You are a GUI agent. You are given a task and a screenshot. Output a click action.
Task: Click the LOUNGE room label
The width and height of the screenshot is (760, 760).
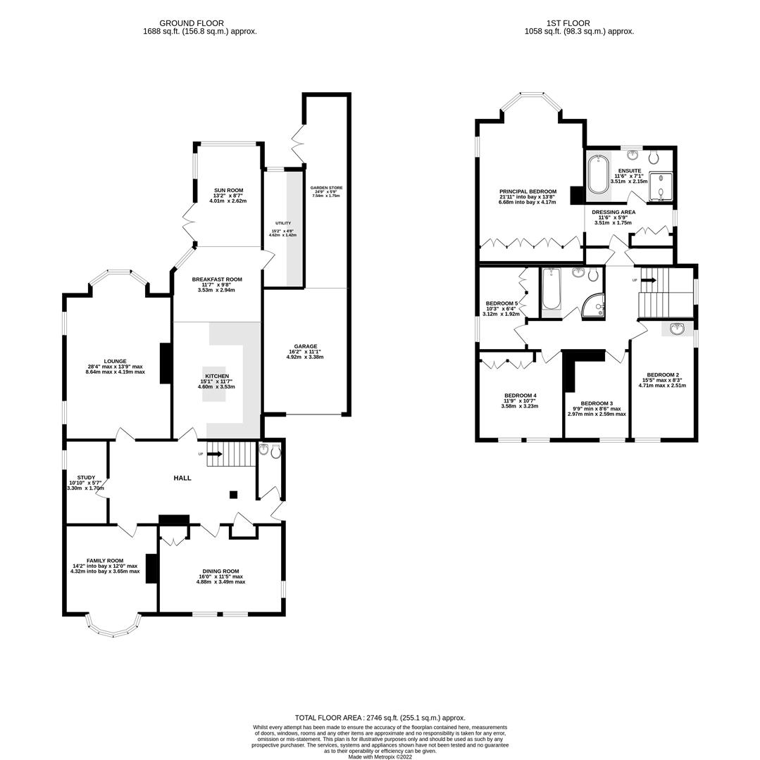pos(115,361)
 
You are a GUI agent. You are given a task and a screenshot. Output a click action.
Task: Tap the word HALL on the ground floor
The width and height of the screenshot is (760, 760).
pos(182,478)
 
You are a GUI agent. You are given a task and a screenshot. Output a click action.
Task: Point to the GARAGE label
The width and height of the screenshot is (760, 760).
pos(306,346)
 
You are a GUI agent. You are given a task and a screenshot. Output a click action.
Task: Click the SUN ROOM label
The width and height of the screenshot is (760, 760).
pos(228,190)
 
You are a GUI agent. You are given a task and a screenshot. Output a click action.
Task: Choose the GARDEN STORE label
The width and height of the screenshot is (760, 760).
pos(326,188)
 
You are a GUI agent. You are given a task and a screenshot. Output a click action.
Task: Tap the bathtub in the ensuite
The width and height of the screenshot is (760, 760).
pos(598,174)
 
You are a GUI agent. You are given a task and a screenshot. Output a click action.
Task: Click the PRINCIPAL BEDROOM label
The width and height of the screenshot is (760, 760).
pos(528,191)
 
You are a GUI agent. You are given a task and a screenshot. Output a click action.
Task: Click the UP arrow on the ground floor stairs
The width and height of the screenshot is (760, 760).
pos(214,454)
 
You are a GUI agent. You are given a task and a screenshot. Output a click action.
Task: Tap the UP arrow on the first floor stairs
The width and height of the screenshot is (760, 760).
pos(648,280)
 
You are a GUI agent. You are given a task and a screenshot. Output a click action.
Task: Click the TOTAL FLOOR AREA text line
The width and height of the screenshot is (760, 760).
pos(380,718)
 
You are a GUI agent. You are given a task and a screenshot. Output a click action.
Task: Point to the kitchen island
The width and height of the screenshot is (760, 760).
pos(214,384)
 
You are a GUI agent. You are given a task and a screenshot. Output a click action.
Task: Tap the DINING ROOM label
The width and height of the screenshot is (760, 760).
pos(220,571)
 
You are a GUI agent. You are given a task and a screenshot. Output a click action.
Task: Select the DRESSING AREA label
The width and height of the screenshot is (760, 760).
pos(613,212)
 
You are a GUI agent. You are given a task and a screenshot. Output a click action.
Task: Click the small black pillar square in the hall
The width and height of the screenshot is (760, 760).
pos(234,495)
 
